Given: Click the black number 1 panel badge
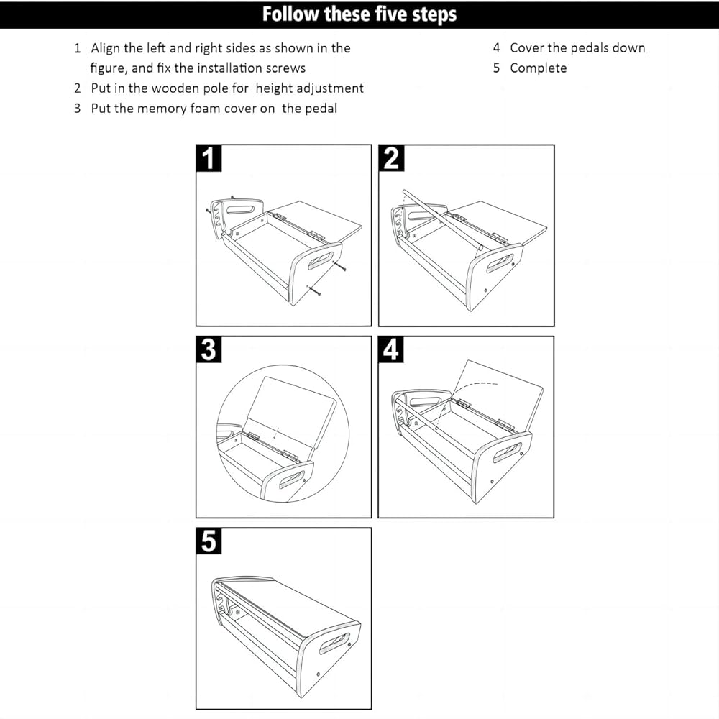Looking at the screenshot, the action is tap(209, 159).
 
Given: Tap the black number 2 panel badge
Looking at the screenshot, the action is tap(391, 159).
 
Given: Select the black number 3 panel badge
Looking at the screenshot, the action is tap(209, 350).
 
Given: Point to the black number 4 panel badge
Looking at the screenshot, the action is tap(391, 350).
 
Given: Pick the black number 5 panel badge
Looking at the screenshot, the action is tap(209, 541).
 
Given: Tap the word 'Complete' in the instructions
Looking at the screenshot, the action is tap(539, 68).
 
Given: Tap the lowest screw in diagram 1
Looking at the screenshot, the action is tap(314, 290).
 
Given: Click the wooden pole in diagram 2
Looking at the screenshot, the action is tap(442, 221).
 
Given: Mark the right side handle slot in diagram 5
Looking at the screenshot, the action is tap(336, 643).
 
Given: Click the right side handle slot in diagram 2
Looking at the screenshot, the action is tap(500, 263).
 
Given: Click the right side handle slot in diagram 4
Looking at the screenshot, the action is tap(507, 453).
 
